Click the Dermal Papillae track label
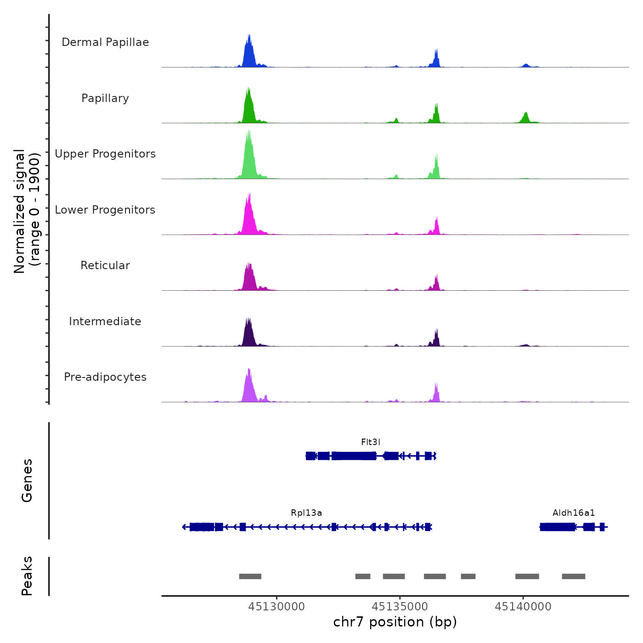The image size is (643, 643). coord(105,42)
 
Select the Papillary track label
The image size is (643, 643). coord(105,98)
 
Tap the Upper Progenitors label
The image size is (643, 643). coord(105,154)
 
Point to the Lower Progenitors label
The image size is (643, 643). coord(105,210)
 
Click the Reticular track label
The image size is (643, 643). coord(105,265)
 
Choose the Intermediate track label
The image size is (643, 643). coord(105,321)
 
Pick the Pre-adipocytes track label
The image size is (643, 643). coord(105,377)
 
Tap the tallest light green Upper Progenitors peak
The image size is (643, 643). coord(248,156)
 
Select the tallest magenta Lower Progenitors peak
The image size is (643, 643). coord(248,216)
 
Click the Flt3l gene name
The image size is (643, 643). coord(371,442)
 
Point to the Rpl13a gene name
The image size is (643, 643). coord(306,513)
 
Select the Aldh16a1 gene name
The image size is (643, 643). coord(574,513)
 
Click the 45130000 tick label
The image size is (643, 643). coord(276,607)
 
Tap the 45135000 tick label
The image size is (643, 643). coord(400,607)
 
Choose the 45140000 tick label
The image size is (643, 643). coord(523,607)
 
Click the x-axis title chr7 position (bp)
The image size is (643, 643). coord(395,622)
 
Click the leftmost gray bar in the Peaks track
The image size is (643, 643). coord(250,576)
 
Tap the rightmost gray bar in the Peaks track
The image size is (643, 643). coord(574,576)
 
